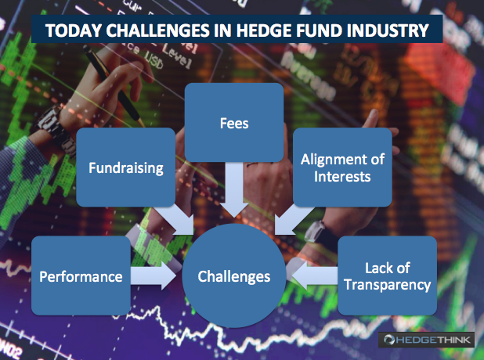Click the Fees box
click(234, 122)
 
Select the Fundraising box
click(126, 167)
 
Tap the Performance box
click(81, 275)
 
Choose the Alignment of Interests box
click(342, 167)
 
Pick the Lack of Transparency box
click(388, 275)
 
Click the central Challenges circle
click(234, 275)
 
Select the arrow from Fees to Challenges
click(234, 189)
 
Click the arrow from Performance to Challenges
click(153, 275)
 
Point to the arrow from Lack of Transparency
click(315, 275)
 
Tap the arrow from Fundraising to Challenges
click(176, 220)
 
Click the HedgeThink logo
click(426, 340)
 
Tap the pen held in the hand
click(114, 86)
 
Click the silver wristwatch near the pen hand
click(56, 131)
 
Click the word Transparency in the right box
click(388, 284)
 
